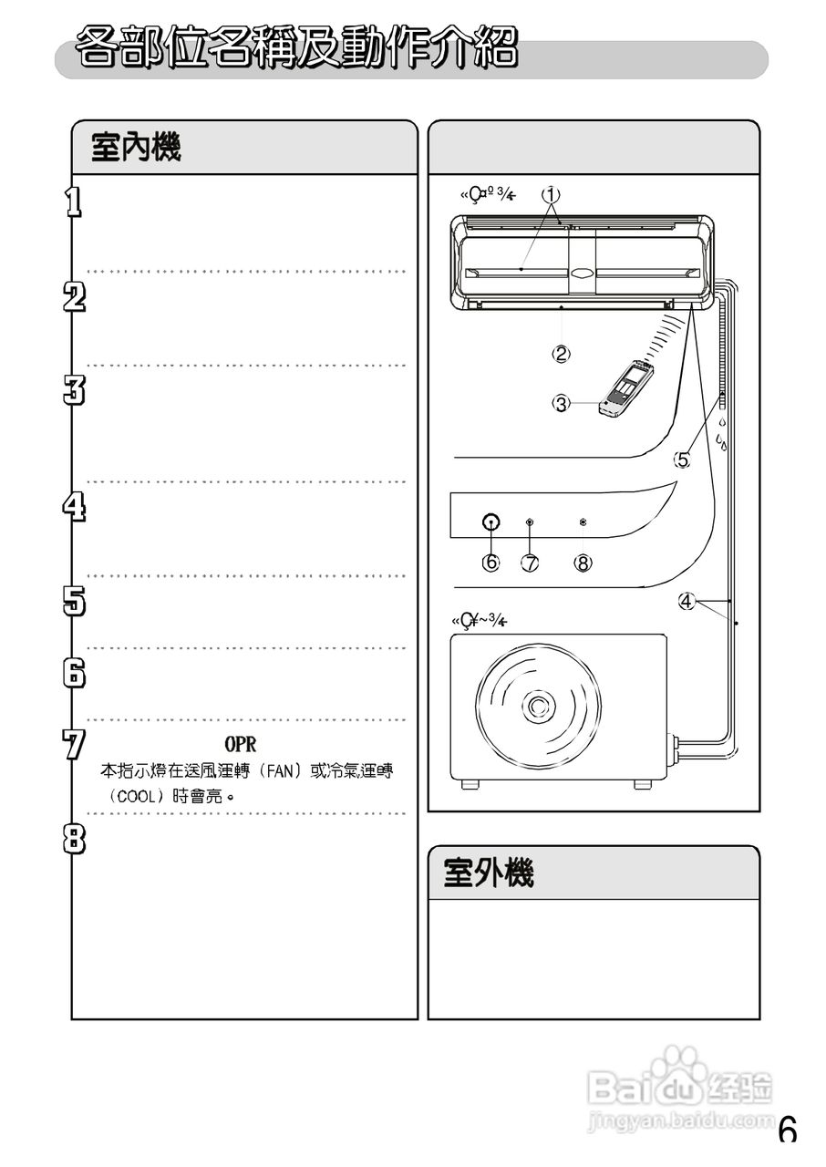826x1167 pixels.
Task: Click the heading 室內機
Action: (136, 147)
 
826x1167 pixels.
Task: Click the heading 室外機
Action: (489, 873)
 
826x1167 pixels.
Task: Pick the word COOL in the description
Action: (135, 796)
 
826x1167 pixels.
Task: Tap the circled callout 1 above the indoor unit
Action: (551, 194)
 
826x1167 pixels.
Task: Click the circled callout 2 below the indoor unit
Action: (562, 353)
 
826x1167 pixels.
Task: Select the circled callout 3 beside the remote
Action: (562, 402)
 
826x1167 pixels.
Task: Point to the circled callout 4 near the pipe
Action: (687, 601)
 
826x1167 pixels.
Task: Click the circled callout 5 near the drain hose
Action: (682, 460)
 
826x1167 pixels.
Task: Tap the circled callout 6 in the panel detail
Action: (490, 563)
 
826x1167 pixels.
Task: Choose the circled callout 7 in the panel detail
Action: (530, 563)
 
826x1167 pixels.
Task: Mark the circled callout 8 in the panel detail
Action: (583, 563)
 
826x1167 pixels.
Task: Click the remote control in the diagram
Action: (627, 389)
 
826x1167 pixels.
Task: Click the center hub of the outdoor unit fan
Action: (535, 704)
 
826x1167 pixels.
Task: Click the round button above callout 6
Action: (490, 522)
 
